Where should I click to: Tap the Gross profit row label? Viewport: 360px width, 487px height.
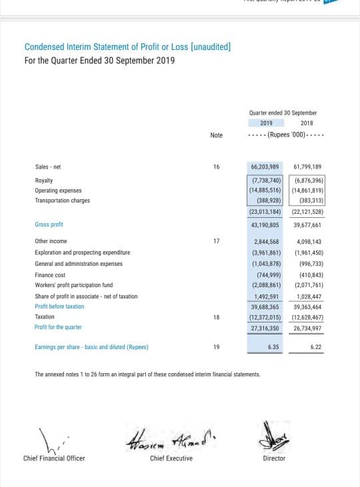[49, 225]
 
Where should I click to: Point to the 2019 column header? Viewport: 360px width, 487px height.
[266, 123]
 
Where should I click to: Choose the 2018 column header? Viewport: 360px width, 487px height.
[307, 123]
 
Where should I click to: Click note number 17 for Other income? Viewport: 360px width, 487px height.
[216, 241]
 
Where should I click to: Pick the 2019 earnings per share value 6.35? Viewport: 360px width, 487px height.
[273, 347]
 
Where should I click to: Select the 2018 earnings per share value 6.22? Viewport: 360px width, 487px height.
[315, 347]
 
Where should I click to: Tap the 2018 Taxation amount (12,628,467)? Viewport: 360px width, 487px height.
[307, 317]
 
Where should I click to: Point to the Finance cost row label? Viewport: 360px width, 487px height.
[50, 274]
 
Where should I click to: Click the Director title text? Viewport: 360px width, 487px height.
[274, 458]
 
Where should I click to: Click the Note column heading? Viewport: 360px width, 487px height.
[216, 135]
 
